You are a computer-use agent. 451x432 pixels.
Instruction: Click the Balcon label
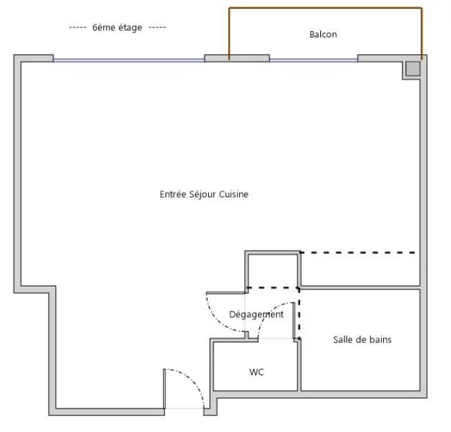tap(323, 34)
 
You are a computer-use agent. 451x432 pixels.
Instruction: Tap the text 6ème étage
tap(117, 27)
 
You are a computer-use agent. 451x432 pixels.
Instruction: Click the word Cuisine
tap(234, 195)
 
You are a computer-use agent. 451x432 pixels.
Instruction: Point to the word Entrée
tap(173, 195)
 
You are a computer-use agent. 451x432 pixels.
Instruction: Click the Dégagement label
tap(256, 314)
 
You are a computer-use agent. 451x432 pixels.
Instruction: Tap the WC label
tap(257, 372)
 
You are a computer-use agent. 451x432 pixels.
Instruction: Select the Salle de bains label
tap(362, 340)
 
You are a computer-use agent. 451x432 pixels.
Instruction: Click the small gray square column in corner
tap(413, 69)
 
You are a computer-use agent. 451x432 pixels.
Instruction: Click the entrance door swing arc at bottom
tap(193, 379)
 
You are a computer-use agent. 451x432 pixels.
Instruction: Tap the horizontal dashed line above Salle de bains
tap(358, 253)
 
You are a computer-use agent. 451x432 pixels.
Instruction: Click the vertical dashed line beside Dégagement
tap(299, 313)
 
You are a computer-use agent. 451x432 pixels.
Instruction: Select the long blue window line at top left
tap(129, 60)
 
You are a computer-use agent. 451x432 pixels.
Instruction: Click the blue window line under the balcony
tap(313, 60)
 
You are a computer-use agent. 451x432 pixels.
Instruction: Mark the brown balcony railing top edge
tap(325, 8)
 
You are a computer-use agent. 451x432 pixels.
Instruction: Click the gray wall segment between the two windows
tap(237, 58)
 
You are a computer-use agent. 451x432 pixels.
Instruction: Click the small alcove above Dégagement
tap(273, 271)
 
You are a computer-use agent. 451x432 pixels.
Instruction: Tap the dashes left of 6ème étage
tap(77, 28)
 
